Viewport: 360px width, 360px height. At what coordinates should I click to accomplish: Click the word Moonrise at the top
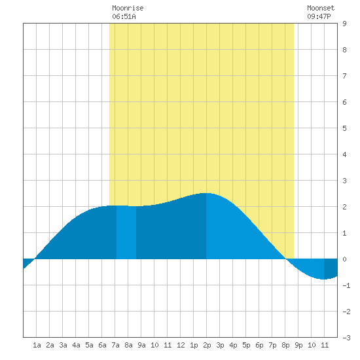[x=128, y=8]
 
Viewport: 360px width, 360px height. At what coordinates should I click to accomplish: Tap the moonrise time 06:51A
[x=124, y=16]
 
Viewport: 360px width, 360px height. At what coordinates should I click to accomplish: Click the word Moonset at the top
[x=321, y=8]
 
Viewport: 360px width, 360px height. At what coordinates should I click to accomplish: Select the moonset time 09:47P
[x=319, y=16]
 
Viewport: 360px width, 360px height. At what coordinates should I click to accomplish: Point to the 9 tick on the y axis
[x=344, y=24]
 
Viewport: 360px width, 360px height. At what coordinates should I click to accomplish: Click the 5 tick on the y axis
[x=344, y=128]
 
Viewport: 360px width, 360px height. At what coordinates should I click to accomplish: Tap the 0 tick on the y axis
[x=344, y=259]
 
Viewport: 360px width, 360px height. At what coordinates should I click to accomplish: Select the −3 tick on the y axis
[x=346, y=338]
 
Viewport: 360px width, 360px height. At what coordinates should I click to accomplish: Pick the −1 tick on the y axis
[x=346, y=285]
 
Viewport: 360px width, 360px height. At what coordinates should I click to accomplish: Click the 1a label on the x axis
[x=37, y=345]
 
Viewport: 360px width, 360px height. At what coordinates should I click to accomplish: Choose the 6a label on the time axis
[x=102, y=345]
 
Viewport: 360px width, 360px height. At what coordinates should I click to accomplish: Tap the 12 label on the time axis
[x=181, y=345]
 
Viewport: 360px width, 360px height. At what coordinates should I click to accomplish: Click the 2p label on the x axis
[x=207, y=345]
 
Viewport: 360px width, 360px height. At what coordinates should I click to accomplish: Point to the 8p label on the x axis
[x=285, y=345]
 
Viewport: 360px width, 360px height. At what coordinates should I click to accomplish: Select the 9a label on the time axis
[x=141, y=345]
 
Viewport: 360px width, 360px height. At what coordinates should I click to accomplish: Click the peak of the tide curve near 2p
[x=206, y=193]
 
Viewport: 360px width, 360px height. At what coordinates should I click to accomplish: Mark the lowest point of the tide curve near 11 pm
[x=323, y=279]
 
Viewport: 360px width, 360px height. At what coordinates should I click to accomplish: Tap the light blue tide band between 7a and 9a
[x=126, y=232]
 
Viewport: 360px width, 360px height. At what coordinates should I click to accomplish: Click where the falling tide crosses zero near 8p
[x=286, y=259]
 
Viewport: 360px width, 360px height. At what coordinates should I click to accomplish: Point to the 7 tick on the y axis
[x=344, y=76]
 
